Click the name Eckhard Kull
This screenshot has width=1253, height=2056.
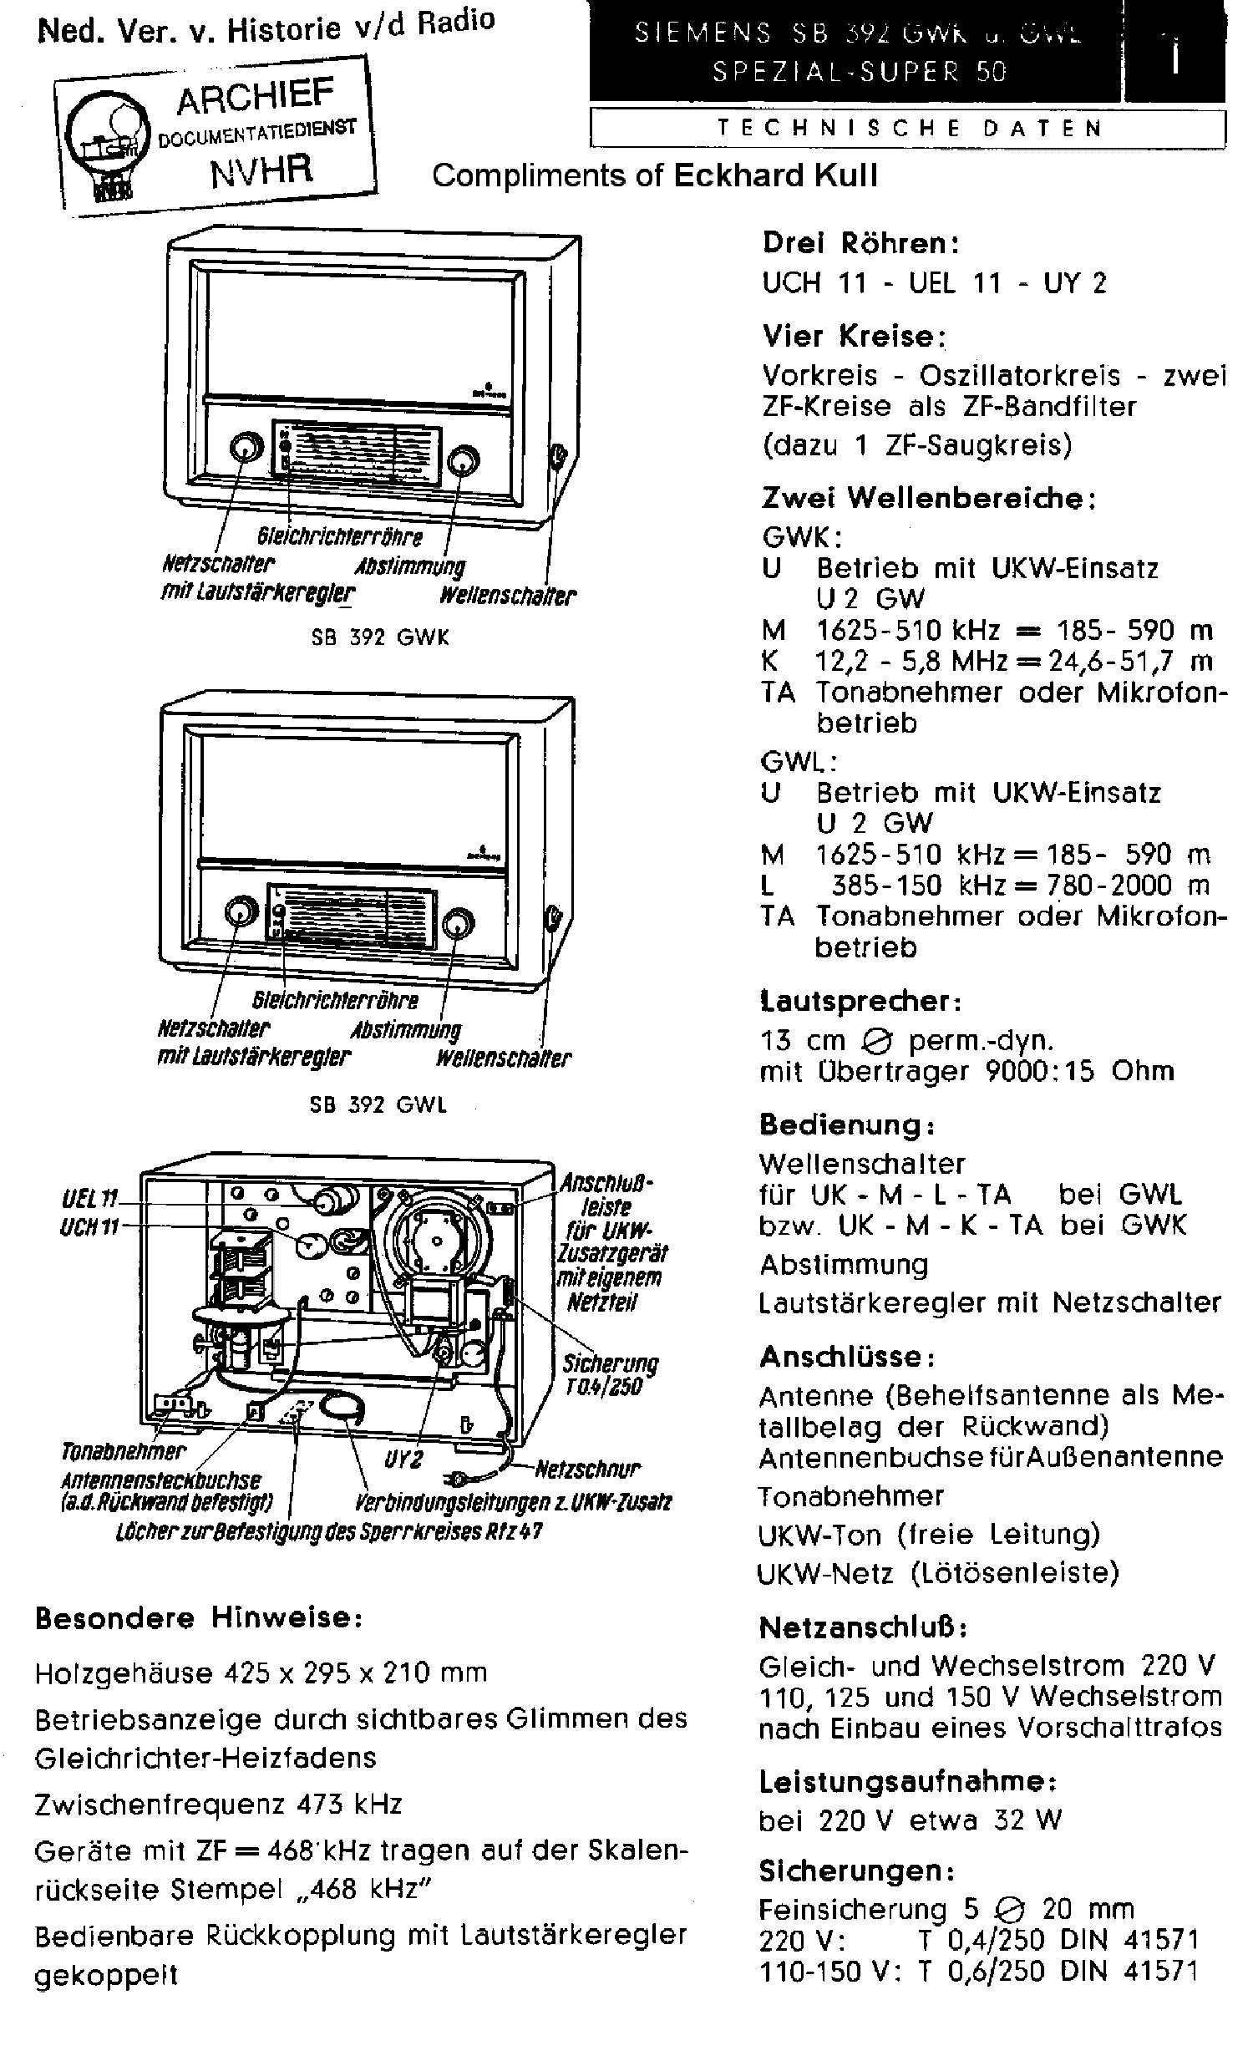776,175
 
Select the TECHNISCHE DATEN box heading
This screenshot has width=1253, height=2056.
909,128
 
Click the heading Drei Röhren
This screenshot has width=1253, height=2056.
860,243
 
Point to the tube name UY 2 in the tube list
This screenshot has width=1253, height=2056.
1075,283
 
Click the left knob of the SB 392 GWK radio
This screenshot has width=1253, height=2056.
243,449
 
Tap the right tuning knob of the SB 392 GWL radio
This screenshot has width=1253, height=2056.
457,923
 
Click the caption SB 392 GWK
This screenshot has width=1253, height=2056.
380,637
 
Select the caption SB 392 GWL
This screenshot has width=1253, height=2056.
378,1104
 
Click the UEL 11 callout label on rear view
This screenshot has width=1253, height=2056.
89,1201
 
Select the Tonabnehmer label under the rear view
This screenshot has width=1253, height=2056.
124,1451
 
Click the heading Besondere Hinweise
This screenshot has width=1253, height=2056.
199,1617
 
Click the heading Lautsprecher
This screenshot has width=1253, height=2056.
860,1000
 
